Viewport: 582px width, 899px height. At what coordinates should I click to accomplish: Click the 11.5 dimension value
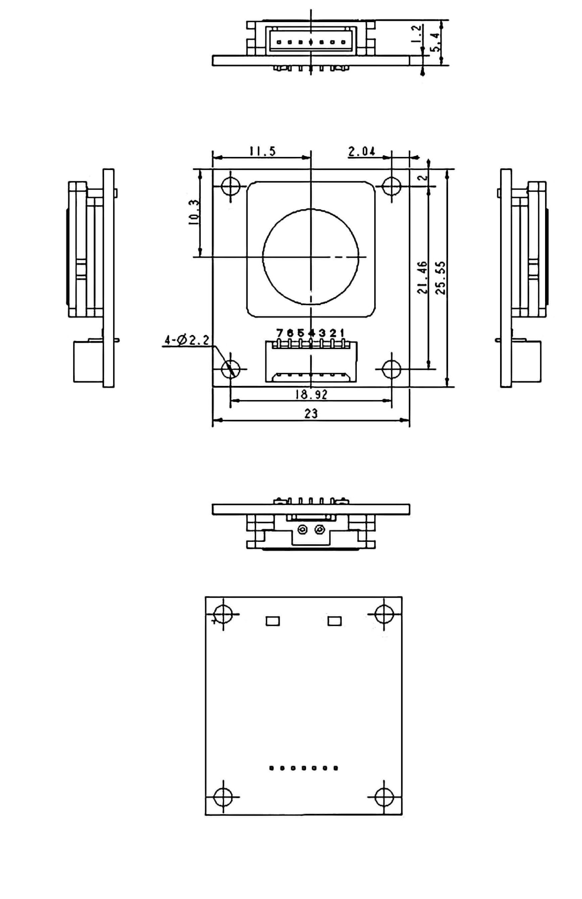pos(262,151)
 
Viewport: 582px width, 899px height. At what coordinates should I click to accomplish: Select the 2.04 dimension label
pos(362,151)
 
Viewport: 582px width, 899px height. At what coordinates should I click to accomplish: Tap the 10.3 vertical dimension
pos(195,213)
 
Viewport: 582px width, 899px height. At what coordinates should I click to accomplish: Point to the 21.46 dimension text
pos(422,277)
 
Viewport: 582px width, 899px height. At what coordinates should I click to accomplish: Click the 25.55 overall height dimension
pos(441,277)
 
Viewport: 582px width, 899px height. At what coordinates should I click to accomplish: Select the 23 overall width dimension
pos(311,413)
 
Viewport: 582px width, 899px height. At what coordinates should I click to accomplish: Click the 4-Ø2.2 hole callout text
pos(186,341)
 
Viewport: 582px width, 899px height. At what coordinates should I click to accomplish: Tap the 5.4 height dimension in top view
pos(436,42)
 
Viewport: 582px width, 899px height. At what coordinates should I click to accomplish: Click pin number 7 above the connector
pos(280,333)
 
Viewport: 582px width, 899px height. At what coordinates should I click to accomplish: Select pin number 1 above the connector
pos(342,333)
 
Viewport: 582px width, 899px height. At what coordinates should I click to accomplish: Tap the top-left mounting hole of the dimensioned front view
pos(231,186)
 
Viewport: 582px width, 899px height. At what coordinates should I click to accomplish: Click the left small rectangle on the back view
pos(272,621)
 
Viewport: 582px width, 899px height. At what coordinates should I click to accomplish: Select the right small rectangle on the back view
pos(335,621)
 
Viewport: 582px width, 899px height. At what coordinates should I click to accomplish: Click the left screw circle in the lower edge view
pos(302,530)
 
